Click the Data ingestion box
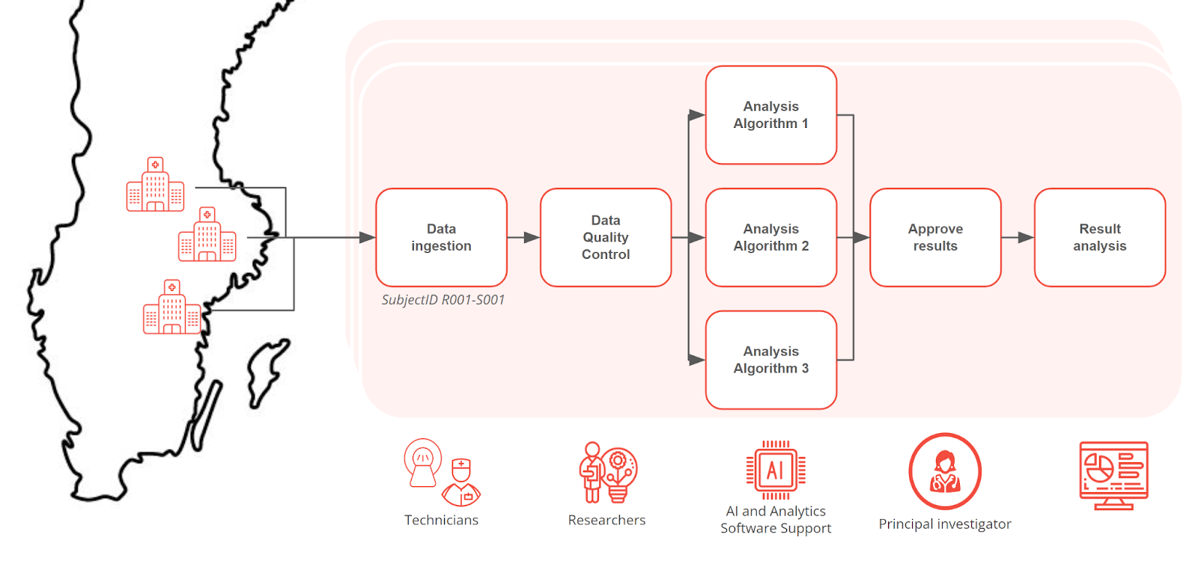441,237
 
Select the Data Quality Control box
606,237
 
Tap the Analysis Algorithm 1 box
770,114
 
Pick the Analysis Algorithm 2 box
770,237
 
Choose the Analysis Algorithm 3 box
770,360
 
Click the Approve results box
935,237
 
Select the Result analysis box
1099,237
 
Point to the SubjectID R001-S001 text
443,300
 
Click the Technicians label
441,521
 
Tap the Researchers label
606,521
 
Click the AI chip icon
776,470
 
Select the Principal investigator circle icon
945,471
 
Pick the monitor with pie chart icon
1113,474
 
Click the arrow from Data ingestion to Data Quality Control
523,237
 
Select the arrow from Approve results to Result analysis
1018,237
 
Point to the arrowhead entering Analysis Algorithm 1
697,115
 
